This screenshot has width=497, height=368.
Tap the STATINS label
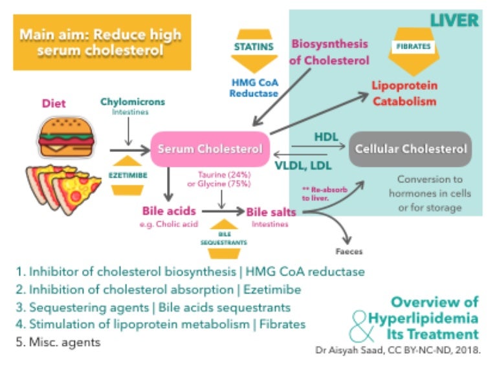(x=253, y=47)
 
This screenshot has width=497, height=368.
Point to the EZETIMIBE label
(x=125, y=174)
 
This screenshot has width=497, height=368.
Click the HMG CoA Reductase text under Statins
(x=253, y=87)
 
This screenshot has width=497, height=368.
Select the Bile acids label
(x=168, y=211)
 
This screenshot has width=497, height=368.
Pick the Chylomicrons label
(x=133, y=102)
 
